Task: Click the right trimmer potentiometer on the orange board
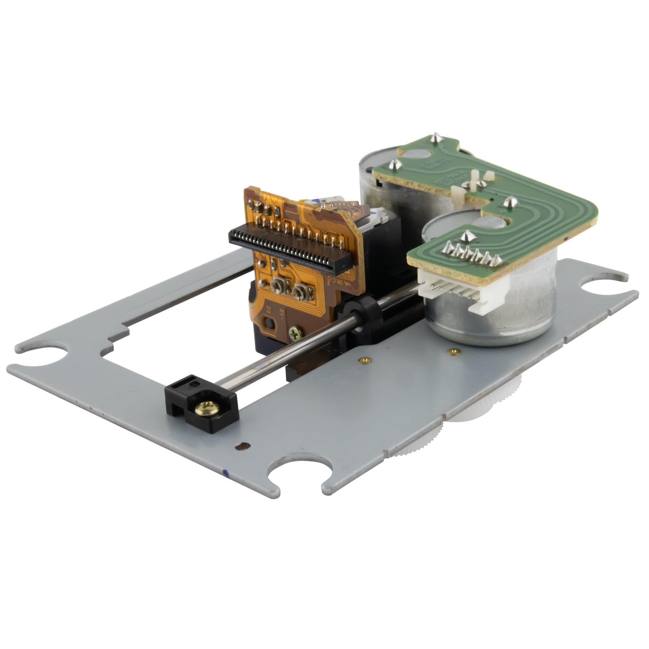[299, 293]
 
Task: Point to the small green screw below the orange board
[296, 331]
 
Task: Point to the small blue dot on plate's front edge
[225, 472]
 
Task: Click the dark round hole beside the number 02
[269, 322]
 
